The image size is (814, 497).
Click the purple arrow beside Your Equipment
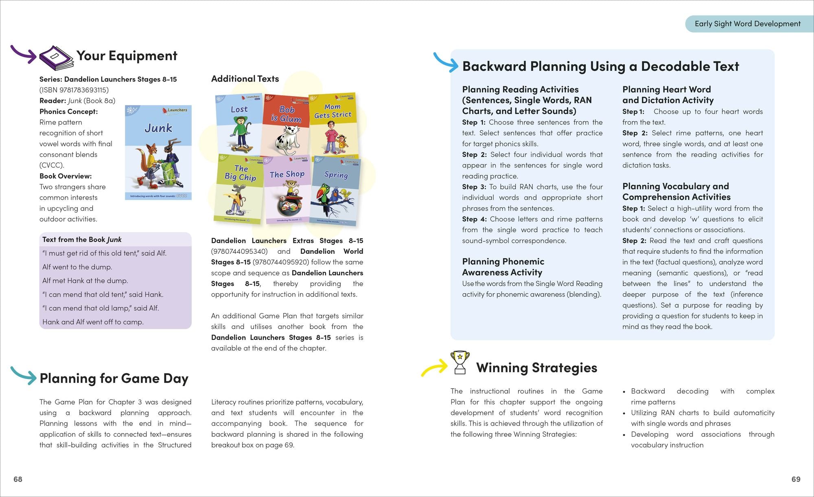24,54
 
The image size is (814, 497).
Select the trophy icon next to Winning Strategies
460,362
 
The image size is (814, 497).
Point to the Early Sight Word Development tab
747,24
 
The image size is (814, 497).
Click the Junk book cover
158,153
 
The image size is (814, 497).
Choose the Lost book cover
239,124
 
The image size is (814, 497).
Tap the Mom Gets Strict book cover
333,124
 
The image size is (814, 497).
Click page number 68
18,479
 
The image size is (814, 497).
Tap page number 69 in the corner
796,479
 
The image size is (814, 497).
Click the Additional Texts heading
245,79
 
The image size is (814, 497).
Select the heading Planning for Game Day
114,378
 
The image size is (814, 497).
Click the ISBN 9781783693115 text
74,90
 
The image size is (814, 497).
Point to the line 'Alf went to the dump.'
77,267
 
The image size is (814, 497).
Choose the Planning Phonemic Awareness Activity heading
503,267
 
